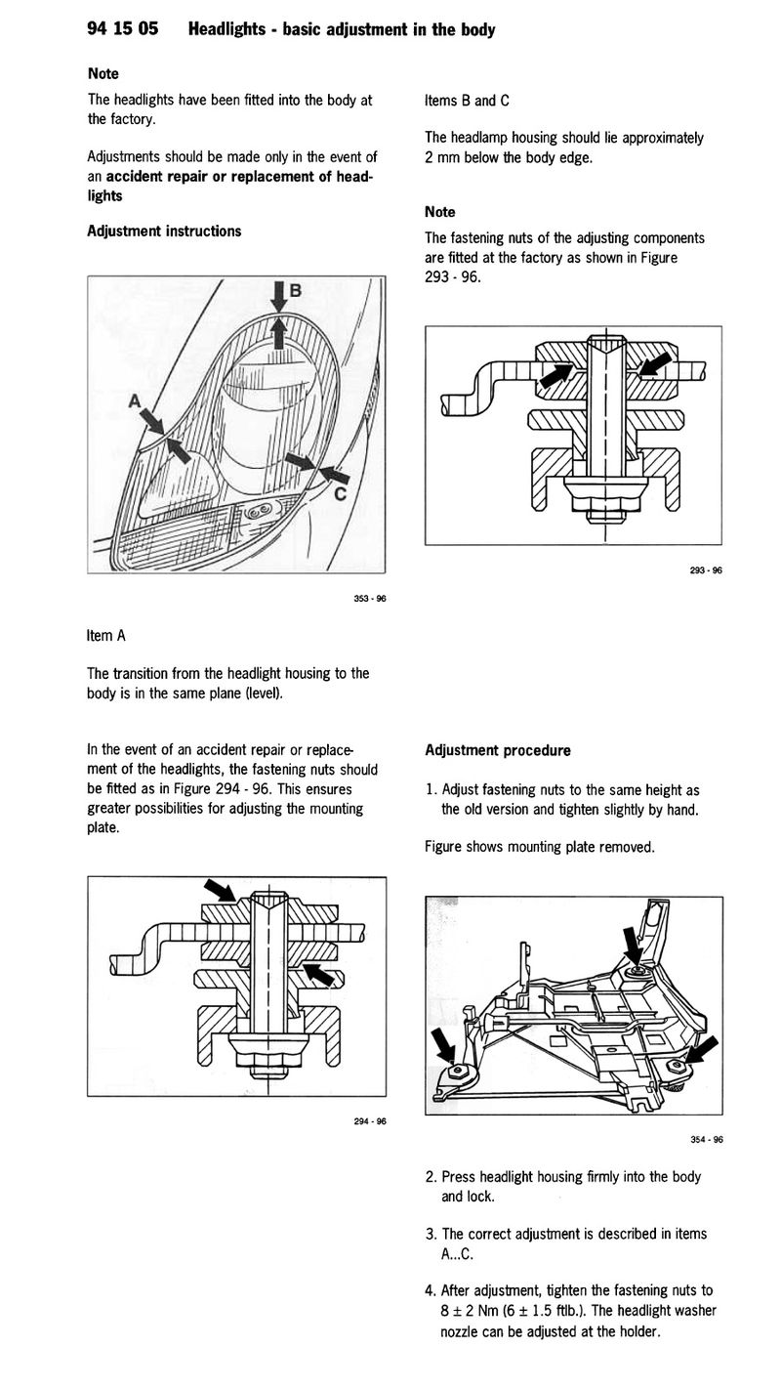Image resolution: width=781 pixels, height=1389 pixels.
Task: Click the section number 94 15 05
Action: (x=123, y=29)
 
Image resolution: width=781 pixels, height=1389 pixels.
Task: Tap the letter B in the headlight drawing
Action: (x=296, y=290)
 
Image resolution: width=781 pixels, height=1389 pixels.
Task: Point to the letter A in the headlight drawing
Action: (x=134, y=401)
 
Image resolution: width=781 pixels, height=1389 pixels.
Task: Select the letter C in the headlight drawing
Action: (x=340, y=493)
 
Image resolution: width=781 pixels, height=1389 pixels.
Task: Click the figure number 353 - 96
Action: (x=369, y=599)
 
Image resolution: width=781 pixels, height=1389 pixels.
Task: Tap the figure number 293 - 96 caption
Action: (x=706, y=570)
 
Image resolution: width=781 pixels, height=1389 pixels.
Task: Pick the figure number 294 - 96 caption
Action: (x=369, y=1121)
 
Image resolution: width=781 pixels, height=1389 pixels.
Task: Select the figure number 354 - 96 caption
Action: (x=706, y=1139)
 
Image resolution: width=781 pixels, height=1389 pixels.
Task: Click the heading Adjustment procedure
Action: (x=498, y=750)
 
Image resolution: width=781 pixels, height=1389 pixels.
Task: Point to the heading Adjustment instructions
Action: (x=164, y=231)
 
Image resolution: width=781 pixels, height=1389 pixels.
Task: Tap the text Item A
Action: (x=106, y=636)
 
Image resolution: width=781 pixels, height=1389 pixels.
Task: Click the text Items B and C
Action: (x=467, y=101)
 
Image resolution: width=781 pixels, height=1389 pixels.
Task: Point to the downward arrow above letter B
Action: (x=279, y=296)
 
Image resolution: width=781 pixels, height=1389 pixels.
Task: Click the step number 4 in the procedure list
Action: (x=431, y=1291)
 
